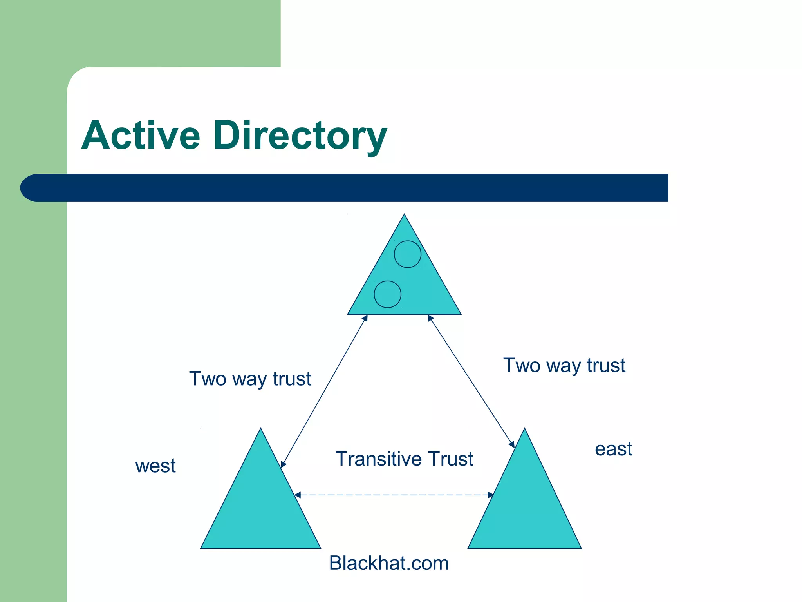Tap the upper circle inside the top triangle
pyautogui.click(x=407, y=254)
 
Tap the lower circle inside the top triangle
pyautogui.click(x=387, y=294)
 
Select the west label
pyautogui.click(x=155, y=466)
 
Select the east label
pyautogui.click(x=613, y=449)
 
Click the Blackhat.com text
pyautogui.click(x=388, y=563)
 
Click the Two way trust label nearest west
pyautogui.click(x=250, y=379)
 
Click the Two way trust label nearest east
pyautogui.click(x=564, y=365)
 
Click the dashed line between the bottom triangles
pyautogui.click(x=394, y=495)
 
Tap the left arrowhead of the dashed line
pyautogui.click(x=297, y=495)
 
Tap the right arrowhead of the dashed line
pyautogui.click(x=491, y=495)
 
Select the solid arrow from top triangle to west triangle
pyautogui.click(x=324, y=391)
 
